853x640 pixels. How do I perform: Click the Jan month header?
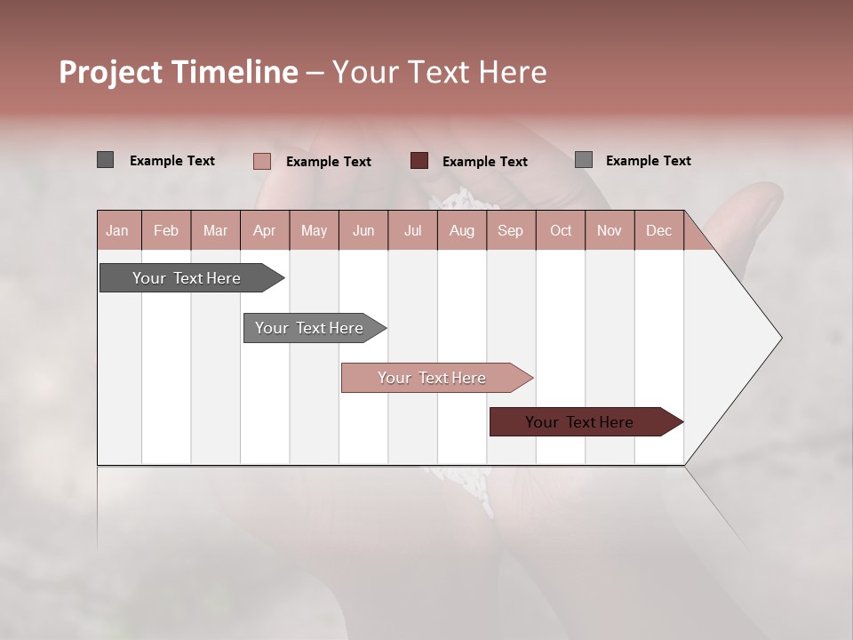click(x=117, y=230)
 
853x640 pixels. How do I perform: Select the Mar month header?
click(x=215, y=230)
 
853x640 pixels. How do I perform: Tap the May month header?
click(x=314, y=230)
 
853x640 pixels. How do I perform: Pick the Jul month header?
click(x=412, y=230)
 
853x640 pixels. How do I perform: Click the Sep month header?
click(x=510, y=230)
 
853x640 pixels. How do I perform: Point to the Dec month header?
click(x=658, y=230)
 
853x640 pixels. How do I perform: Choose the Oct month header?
click(x=561, y=230)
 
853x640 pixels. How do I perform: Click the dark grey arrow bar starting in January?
click(x=187, y=278)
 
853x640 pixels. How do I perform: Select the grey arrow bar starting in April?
click(x=309, y=328)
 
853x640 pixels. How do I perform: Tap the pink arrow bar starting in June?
click(x=432, y=378)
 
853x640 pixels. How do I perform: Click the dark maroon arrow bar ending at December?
click(x=579, y=422)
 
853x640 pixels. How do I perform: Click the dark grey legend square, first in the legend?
click(x=105, y=160)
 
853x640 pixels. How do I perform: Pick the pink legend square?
click(x=261, y=161)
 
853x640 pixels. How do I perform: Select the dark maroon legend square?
click(x=419, y=161)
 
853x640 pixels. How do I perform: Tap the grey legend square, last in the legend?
click(x=583, y=160)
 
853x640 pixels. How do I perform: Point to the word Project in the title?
click(x=109, y=73)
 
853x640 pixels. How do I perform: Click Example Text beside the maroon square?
click(x=484, y=162)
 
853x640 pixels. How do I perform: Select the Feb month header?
click(x=166, y=230)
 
